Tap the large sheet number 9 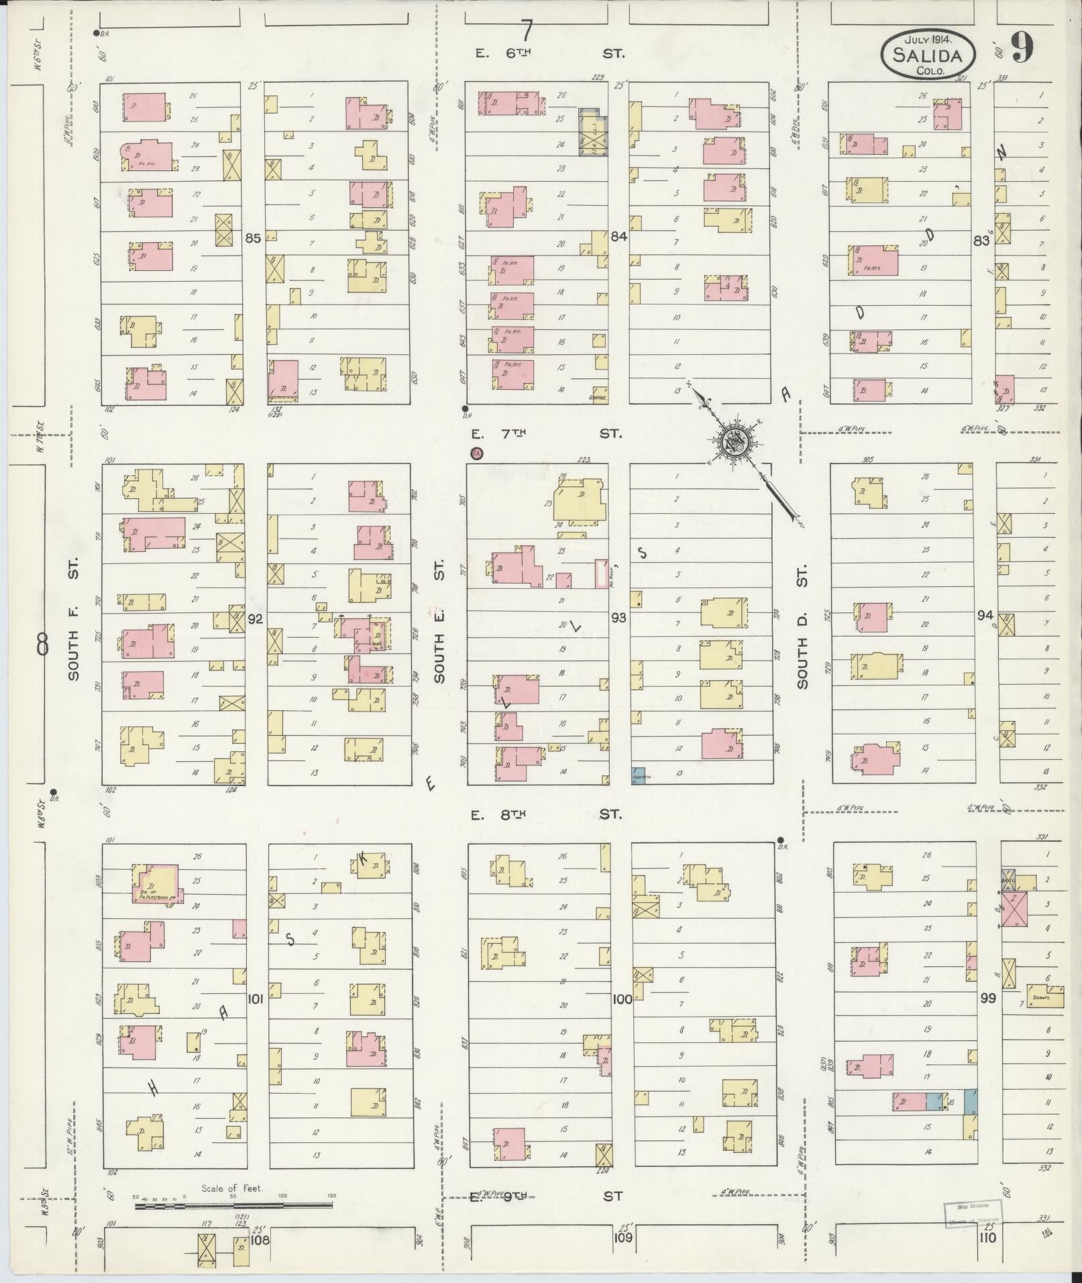click(1022, 48)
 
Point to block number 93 click(618, 616)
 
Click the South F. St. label click(74, 617)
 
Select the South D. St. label click(802, 626)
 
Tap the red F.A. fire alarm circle click(476, 454)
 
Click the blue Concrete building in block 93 click(638, 775)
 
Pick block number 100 click(622, 999)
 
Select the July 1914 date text click(927, 40)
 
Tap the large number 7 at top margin click(527, 30)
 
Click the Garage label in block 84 click(598, 398)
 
